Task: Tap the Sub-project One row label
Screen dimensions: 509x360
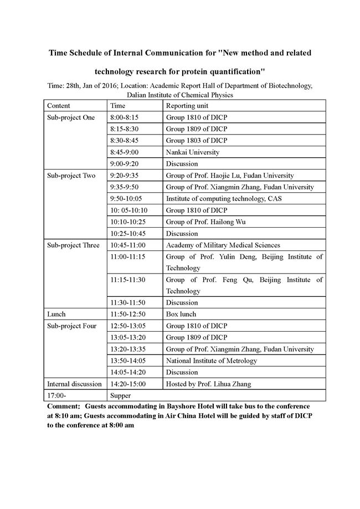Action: [x=71, y=117]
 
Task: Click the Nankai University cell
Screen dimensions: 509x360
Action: [x=193, y=152]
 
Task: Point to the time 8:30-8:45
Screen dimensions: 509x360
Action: [x=125, y=141]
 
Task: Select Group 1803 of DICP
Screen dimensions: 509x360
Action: [x=197, y=141]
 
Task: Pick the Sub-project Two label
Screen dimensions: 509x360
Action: [x=71, y=176]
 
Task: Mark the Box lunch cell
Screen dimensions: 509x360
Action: [x=181, y=314]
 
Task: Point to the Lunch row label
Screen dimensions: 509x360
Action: [x=56, y=314]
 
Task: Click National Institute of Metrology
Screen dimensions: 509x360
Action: [x=212, y=361]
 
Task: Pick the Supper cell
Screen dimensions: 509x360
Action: [x=121, y=395]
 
